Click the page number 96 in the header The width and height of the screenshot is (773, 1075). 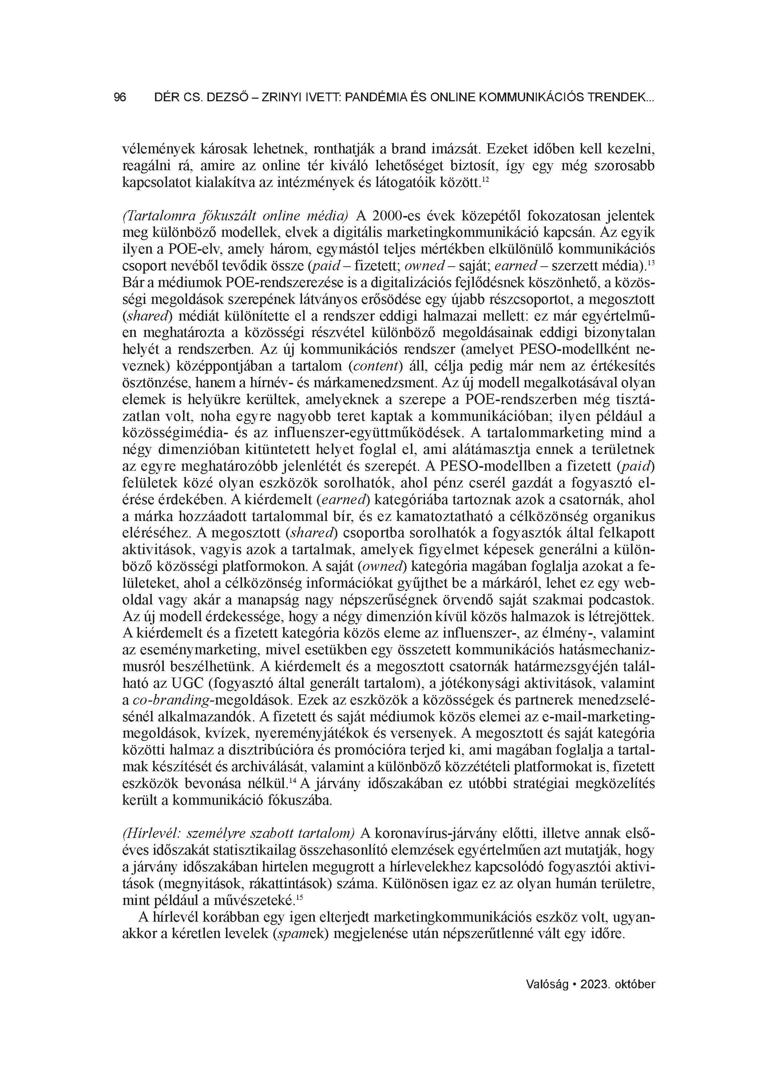(120, 98)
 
